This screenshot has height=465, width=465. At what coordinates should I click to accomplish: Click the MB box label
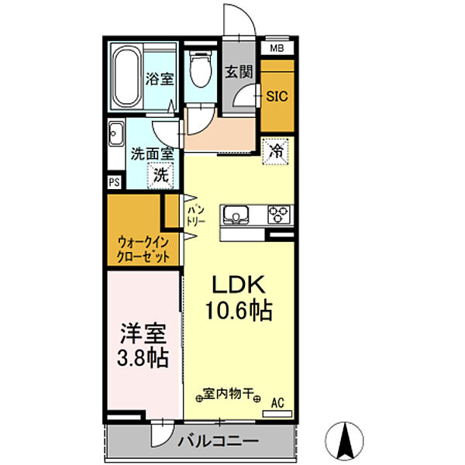pos(277,48)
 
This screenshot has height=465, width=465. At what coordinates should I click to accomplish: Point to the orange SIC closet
pos(277,97)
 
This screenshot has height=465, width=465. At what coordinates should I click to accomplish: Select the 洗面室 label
pos(151,153)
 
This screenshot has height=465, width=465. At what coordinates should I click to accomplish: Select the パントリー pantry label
pos(195,210)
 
